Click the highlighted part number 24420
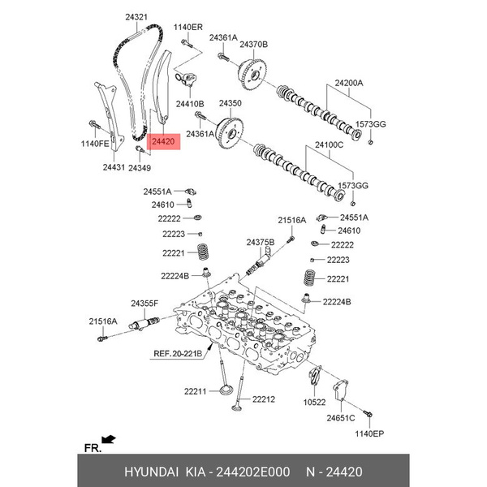pyautogui.click(x=163, y=141)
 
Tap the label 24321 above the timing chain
pyautogui.click(x=136, y=17)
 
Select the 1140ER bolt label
pyautogui.click(x=188, y=28)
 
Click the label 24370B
pyautogui.click(x=253, y=45)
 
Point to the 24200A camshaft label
pyautogui.click(x=349, y=83)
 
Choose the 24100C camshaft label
pyautogui.click(x=330, y=144)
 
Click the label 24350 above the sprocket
pyautogui.click(x=231, y=103)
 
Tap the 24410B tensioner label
pyautogui.click(x=190, y=104)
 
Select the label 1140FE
pyautogui.click(x=95, y=144)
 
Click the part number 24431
pyautogui.click(x=114, y=167)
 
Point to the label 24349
pyautogui.click(x=140, y=168)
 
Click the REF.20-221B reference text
pyautogui.click(x=178, y=353)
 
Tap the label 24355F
pyautogui.click(x=144, y=303)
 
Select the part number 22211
pyautogui.click(x=195, y=392)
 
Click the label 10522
pyautogui.click(x=314, y=403)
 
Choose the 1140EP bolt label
pyautogui.click(x=369, y=433)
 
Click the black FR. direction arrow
pyautogui.click(x=109, y=439)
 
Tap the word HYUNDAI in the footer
pyautogui.click(x=151, y=472)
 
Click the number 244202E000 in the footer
pyautogui.click(x=252, y=472)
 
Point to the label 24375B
pyautogui.click(x=261, y=242)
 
